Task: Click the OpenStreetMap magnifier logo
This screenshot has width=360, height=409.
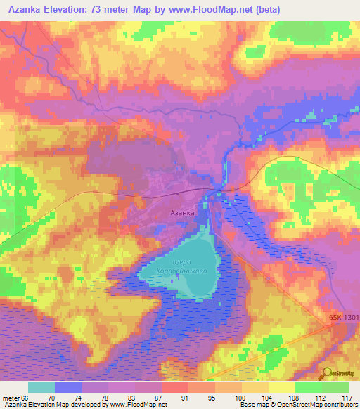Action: [x=326, y=374]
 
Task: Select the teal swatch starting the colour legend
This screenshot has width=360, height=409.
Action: [x=41, y=387]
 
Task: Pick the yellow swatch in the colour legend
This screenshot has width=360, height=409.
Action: [x=282, y=387]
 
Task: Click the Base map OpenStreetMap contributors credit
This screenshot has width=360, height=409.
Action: [x=297, y=405]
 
